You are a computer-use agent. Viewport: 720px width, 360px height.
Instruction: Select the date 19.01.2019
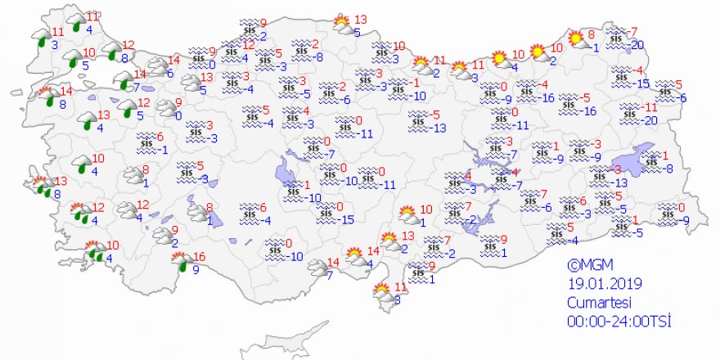(x=605, y=284)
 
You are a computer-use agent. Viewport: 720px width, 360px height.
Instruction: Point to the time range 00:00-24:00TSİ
(x=619, y=322)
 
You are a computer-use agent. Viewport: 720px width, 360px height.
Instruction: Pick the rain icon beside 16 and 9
(x=180, y=262)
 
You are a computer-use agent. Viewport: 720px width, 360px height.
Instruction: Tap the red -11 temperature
(x=650, y=107)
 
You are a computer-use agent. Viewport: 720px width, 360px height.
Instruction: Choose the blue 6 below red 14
(x=169, y=73)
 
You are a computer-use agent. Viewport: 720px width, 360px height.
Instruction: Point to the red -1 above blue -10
(x=416, y=83)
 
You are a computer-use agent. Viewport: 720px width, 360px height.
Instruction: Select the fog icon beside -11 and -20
(x=628, y=113)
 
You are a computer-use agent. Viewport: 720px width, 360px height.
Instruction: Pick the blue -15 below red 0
(x=347, y=219)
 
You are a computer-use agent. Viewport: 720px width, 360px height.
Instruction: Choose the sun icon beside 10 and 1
(x=407, y=215)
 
